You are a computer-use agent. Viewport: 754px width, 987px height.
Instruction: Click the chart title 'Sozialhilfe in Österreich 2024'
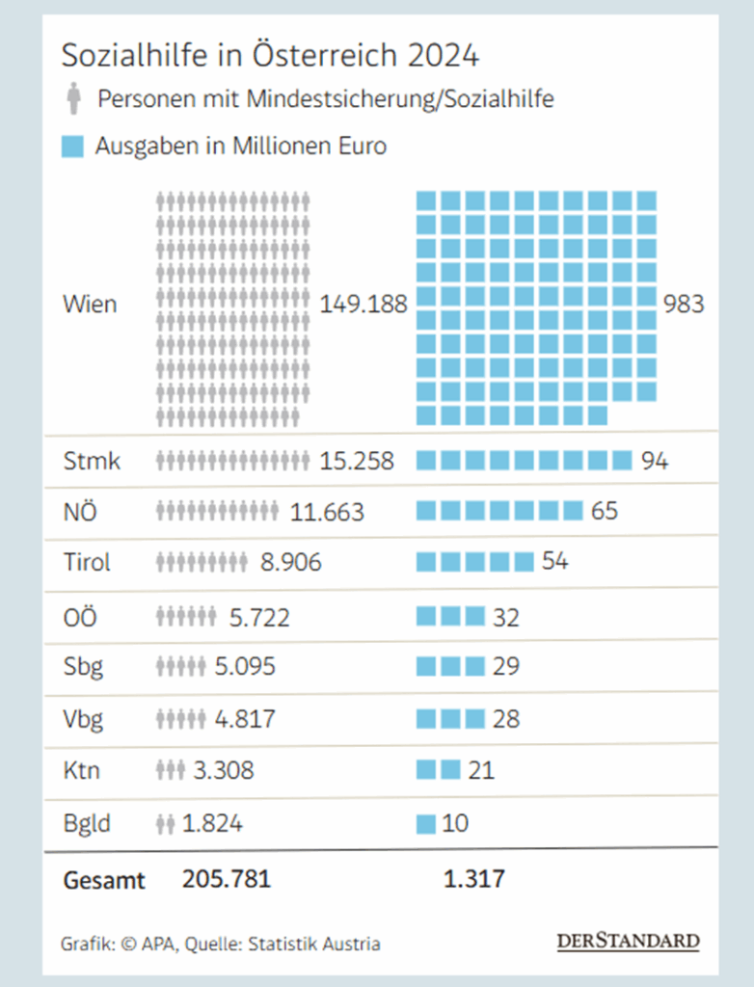point(270,55)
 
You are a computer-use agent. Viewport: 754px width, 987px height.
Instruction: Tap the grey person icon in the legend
point(73,98)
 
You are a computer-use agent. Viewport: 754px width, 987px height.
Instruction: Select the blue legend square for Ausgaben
point(72,147)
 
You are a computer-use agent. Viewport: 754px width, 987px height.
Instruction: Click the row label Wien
point(90,305)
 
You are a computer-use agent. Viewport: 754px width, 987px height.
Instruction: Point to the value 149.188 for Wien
point(363,305)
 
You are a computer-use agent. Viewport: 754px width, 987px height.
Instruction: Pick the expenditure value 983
point(684,305)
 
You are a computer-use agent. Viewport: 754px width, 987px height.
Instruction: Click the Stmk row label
point(92,461)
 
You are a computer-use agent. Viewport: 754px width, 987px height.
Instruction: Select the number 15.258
point(357,461)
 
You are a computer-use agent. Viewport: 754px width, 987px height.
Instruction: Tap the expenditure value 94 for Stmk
point(655,461)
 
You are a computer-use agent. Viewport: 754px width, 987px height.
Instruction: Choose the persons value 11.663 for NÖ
point(327,512)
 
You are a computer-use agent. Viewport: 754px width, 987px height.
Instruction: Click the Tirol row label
point(87,562)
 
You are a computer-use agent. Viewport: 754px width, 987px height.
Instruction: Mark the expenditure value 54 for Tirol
point(554,562)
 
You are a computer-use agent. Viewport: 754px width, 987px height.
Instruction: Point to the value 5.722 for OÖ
point(259,617)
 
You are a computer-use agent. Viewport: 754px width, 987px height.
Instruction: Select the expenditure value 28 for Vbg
point(505,719)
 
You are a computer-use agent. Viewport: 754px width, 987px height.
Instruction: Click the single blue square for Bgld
point(426,824)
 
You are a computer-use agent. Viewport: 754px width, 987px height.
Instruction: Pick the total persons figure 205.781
point(227,879)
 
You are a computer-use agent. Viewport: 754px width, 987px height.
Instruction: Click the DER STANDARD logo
point(628,941)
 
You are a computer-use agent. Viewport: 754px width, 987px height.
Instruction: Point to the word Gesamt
point(104,879)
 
